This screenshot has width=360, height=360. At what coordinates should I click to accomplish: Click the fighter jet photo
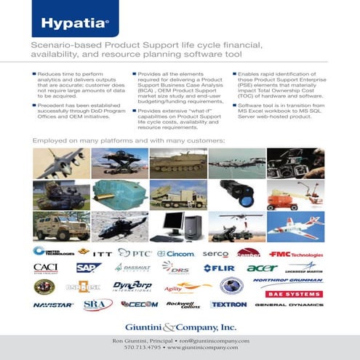62,163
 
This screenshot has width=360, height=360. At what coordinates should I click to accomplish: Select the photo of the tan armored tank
178,163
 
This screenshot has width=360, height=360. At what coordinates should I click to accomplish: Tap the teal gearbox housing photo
120,195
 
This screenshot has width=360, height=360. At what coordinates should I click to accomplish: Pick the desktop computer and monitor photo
178,227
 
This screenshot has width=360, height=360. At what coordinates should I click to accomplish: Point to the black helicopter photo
120,227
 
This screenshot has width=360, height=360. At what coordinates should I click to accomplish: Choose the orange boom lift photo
295,195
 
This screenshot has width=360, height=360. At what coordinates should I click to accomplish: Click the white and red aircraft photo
295,227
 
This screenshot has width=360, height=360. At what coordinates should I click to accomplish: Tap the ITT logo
103,253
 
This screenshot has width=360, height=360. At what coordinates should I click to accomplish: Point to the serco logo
215,253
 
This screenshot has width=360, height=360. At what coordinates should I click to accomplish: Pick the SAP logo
88,268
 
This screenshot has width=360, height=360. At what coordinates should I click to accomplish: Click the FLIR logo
218,268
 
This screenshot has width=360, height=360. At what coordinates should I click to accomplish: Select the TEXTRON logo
228,305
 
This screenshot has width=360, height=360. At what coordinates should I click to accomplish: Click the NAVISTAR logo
53,305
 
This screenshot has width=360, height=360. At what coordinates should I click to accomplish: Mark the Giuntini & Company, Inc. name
180,327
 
